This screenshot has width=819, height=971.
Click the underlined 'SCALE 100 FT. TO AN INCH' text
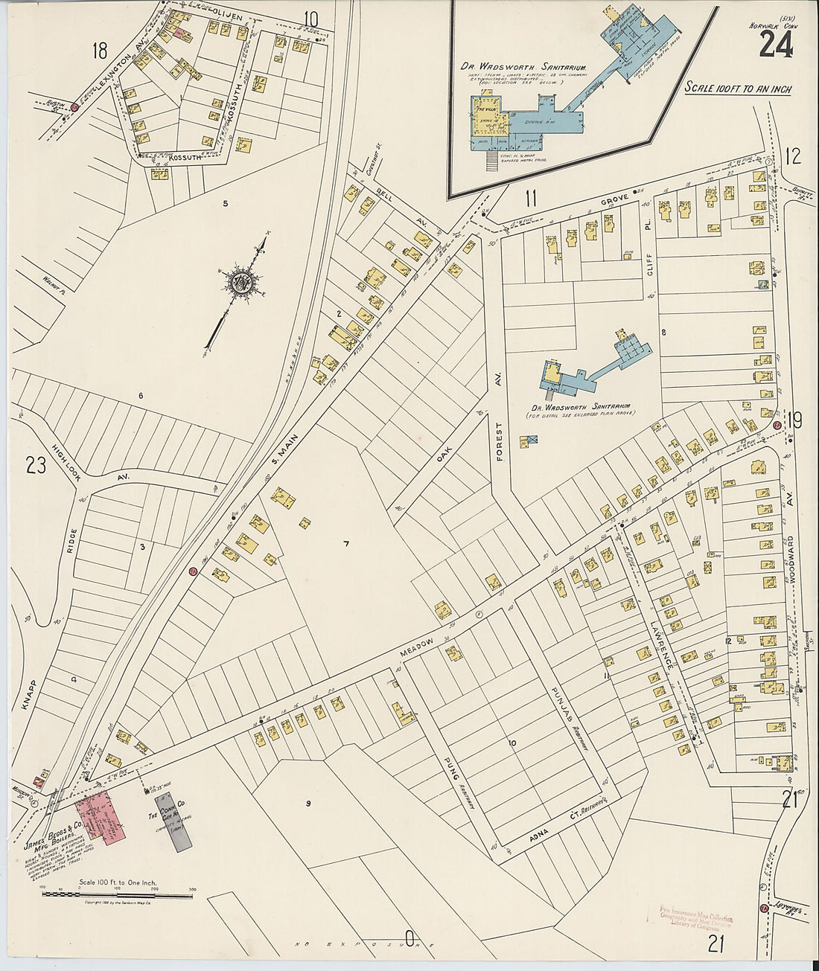[738, 89]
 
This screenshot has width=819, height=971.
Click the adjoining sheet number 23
[36, 467]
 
